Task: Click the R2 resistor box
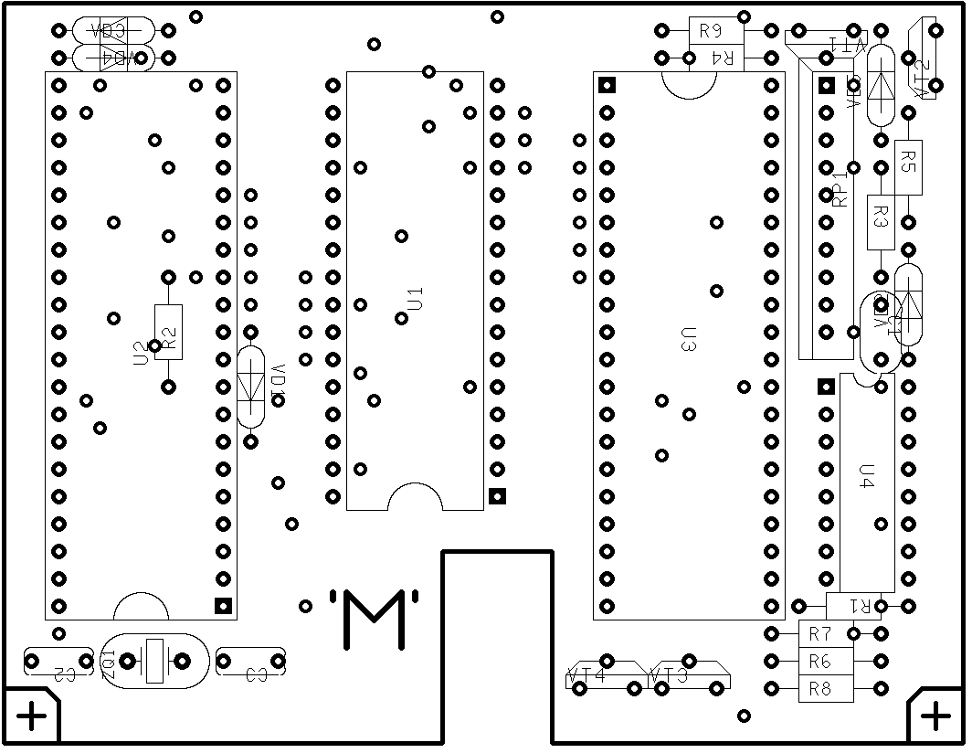tap(168, 332)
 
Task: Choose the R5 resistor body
tap(908, 165)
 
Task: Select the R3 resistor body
tap(881, 221)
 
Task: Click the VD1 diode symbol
tap(251, 387)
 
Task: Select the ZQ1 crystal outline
tap(154, 661)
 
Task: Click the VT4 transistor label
tap(586, 677)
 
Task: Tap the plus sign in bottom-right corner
tap(935, 716)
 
